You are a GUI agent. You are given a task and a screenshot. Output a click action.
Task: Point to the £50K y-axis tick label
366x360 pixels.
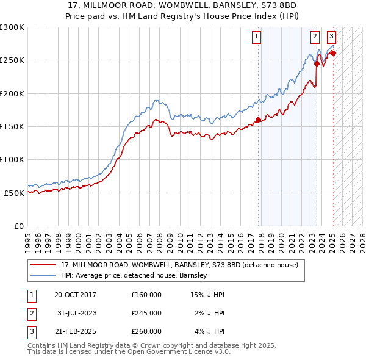click(x=13, y=193)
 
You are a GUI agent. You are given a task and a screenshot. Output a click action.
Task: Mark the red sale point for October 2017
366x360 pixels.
click(x=258, y=120)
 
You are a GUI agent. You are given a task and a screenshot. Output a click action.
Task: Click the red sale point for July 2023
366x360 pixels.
click(x=317, y=63)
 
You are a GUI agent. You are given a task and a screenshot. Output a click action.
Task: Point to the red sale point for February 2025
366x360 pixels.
click(x=333, y=54)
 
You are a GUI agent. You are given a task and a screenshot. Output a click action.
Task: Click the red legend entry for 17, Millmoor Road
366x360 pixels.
click(x=179, y=265)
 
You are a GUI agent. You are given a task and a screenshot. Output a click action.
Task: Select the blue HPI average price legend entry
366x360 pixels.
click(x=134, y=275)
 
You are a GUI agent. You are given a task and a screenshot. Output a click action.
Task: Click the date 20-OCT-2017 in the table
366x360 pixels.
click(x=75, y=295)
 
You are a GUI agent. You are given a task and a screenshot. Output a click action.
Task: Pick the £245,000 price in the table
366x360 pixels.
click(x=146, y=313)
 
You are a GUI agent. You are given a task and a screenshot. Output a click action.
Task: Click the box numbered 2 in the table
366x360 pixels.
click(x=32, y=313)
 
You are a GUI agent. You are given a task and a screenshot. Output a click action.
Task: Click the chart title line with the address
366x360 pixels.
click(x=182, y=5)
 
